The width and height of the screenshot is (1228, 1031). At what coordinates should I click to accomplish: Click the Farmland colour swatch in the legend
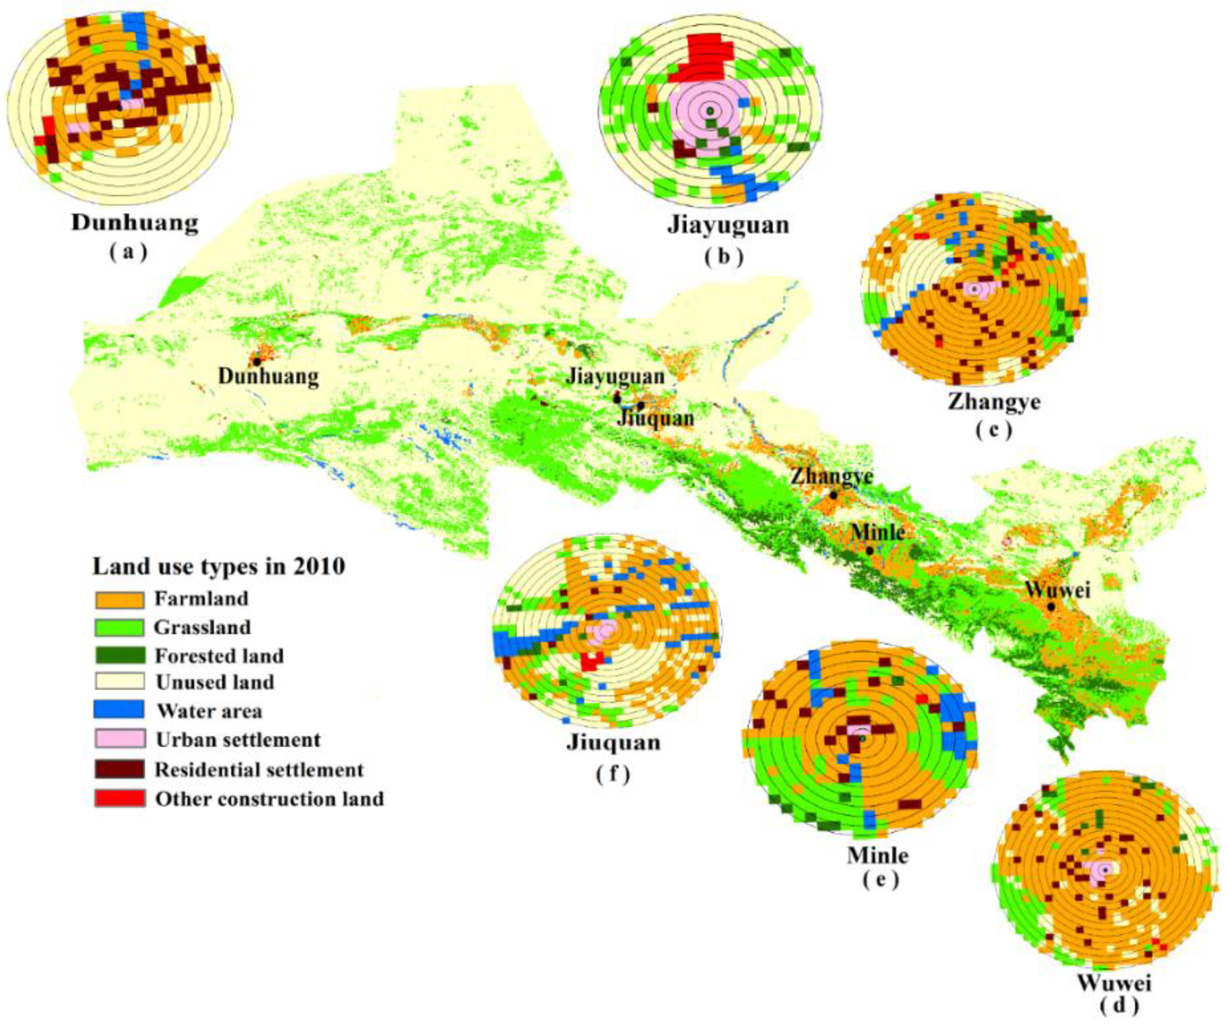119,600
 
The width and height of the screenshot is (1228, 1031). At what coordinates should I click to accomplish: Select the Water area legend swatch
119,710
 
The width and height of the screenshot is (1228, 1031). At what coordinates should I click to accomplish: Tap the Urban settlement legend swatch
119,739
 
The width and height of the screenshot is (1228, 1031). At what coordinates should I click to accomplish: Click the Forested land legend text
219,656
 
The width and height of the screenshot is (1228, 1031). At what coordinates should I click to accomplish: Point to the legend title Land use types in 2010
219,566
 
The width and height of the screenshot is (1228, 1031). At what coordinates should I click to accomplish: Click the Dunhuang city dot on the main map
257,362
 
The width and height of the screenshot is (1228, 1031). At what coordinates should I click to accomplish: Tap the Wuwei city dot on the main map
1051,607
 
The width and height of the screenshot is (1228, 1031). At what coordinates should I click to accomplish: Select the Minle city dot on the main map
870,551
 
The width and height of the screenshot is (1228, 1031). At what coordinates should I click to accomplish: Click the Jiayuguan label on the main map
615,376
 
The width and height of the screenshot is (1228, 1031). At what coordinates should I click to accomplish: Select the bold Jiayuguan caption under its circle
728,225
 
